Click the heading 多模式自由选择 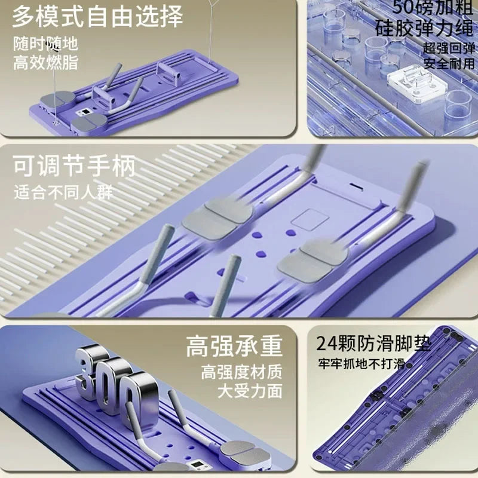coord(97,17)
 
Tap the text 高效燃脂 coord(46,63)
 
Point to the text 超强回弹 coord(449,48)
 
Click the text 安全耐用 coord(449,64)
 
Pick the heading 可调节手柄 coord(74,166)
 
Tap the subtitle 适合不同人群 coord(63,192)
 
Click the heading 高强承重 coord(234,346)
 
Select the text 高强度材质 coord(241,372)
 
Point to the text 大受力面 coord(250,391)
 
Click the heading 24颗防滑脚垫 coord(374,344)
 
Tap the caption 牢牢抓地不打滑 coord(361,364)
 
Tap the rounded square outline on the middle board coord(310,219)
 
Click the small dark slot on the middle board coord(354,185)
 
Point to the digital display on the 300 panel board coord(198,465)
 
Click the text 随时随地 coord(46,44)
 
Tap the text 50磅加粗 coord(433,7)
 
